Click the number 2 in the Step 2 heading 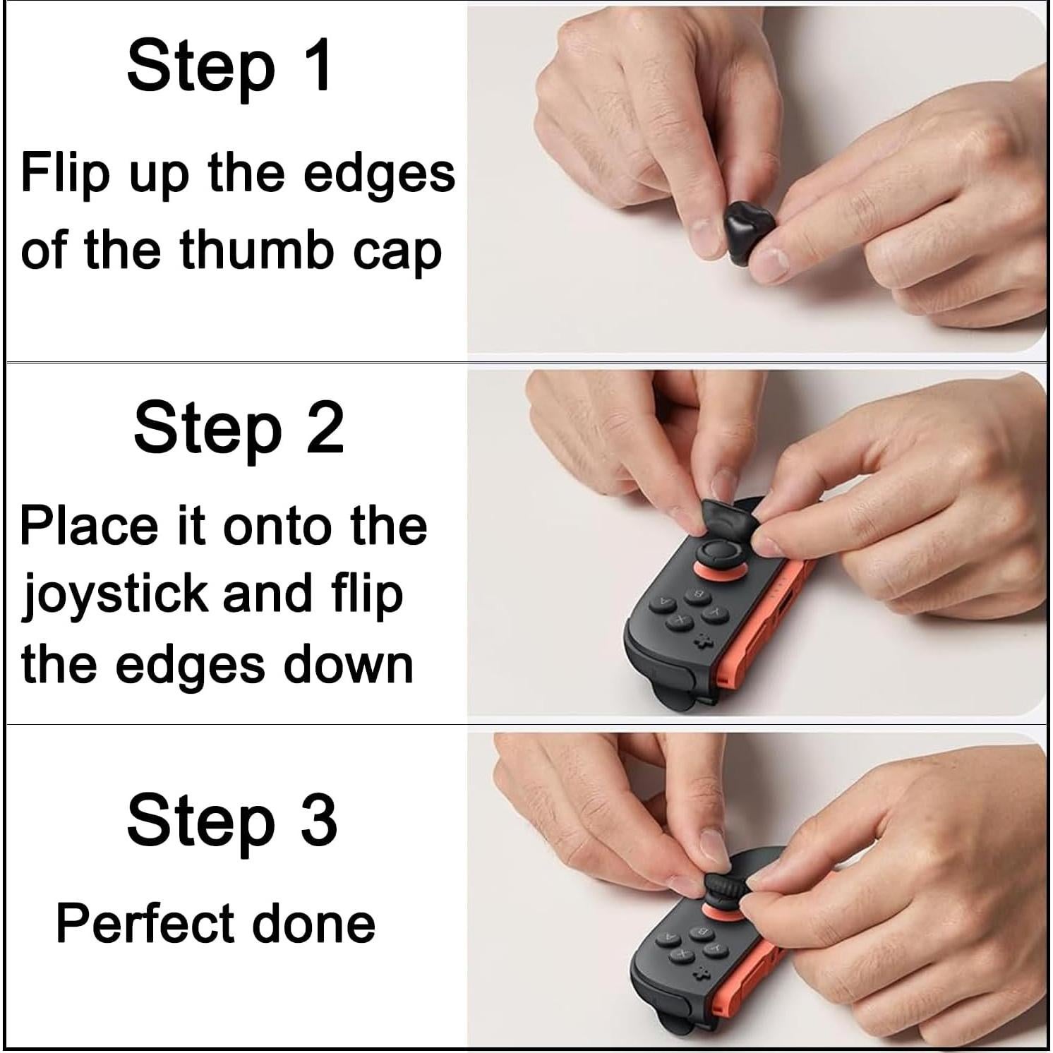pyautogui.click(x=325, y=428)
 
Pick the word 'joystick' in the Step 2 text pyautogui.click(x=114, y=594)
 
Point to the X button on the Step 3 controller pyautogui.click(x=682, y=953)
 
